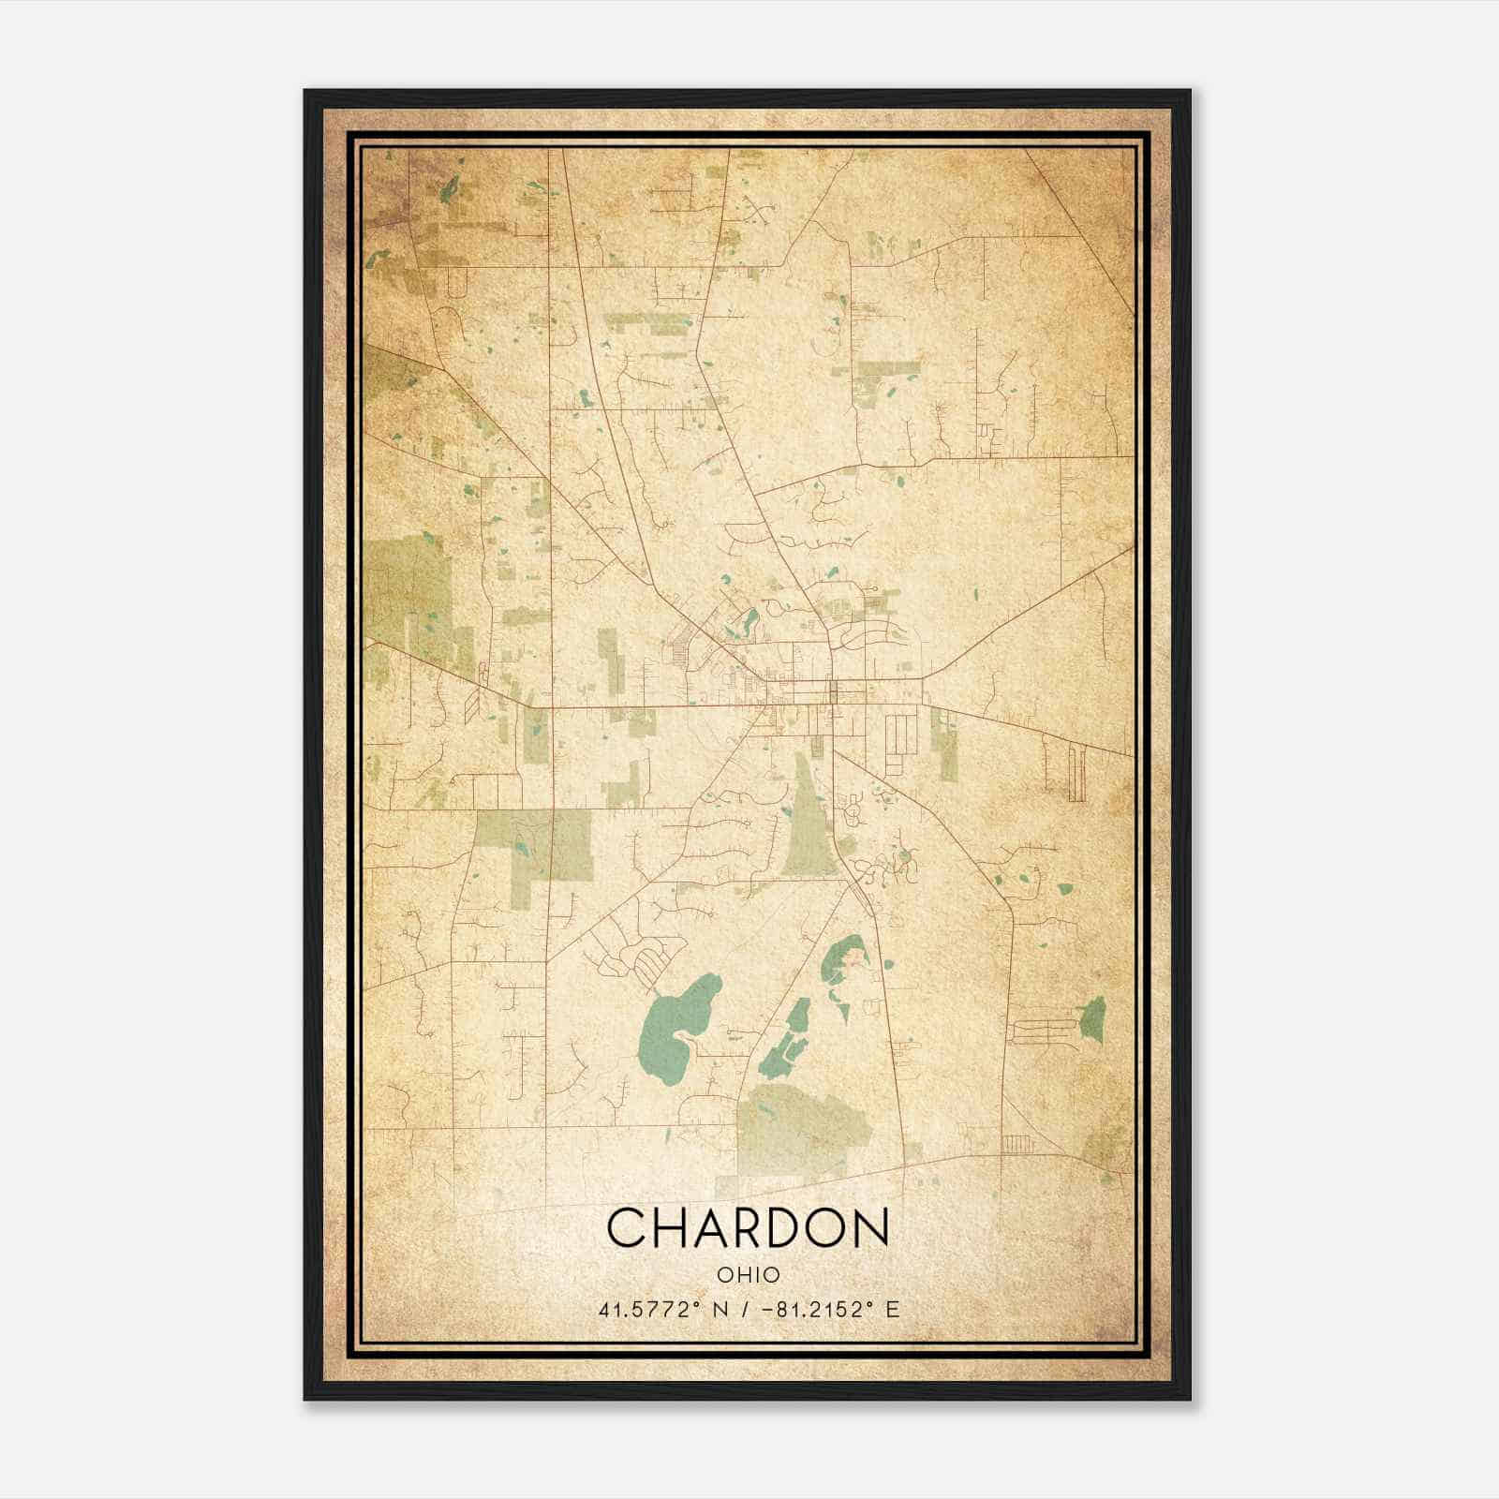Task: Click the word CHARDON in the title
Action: click(748, 1227)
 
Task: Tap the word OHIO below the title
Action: click(748, 1275)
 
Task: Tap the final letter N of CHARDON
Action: click(871, 1227)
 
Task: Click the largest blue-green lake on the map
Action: click(676, 1028)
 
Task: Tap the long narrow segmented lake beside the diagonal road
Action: click(785, 1040)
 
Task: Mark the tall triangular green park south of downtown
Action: click(808, 824)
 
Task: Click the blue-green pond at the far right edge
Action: click(1092, 1019)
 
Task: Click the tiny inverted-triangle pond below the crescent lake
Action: click(840, 1010)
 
